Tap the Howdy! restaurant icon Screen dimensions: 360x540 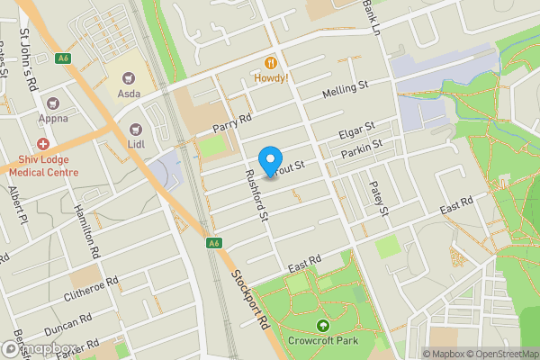pyautogui.click(x=269, y=62)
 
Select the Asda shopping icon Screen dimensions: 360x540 pyautogui.click(x=130, y=76)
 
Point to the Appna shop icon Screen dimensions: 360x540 pyautogui.click(x=51, y=104)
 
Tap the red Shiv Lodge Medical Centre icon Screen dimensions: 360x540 pyautogui.click(x=42, y=145)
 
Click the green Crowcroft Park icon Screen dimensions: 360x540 pyautogui.click(x=321, y=326)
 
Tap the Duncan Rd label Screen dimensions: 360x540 pyautogui.click(x=69, y=322)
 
